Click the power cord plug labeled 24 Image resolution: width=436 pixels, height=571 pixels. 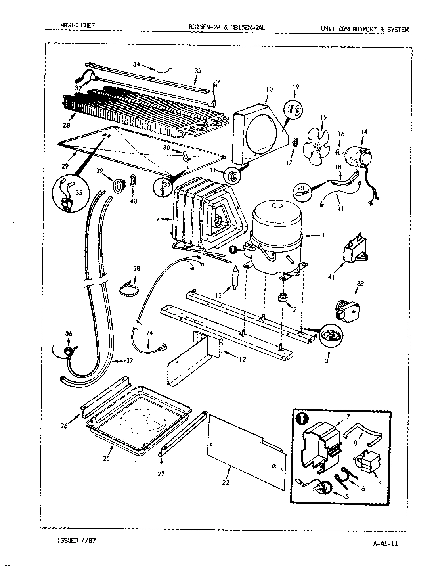[163, 348]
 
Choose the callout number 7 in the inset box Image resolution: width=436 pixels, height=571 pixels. [348, 416]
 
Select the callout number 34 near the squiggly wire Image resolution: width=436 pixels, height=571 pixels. [136, 64]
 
